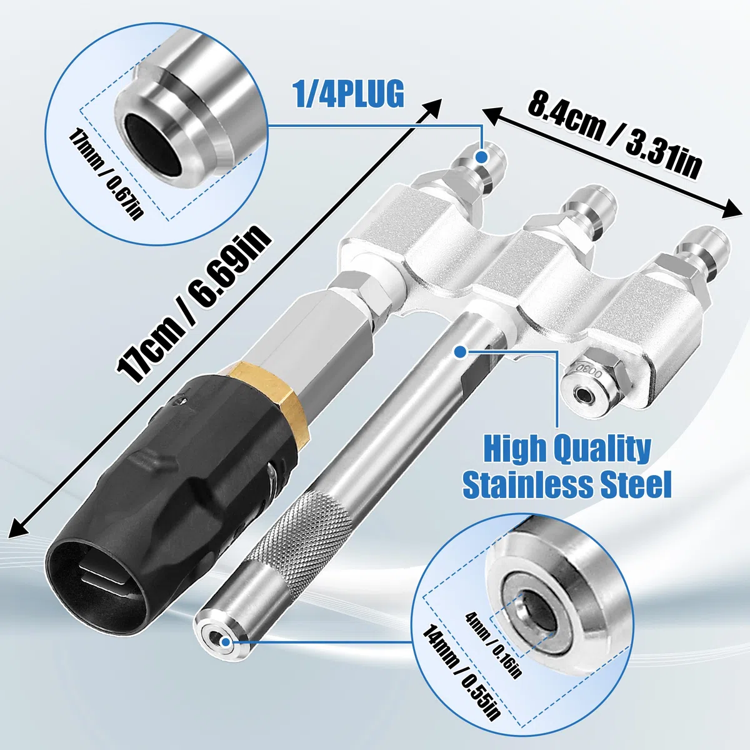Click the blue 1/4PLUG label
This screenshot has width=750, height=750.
[x=349, y=93]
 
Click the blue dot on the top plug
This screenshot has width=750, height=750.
[x=482, y=156]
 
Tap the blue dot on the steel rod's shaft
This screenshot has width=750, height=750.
[x=461, y=352]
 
